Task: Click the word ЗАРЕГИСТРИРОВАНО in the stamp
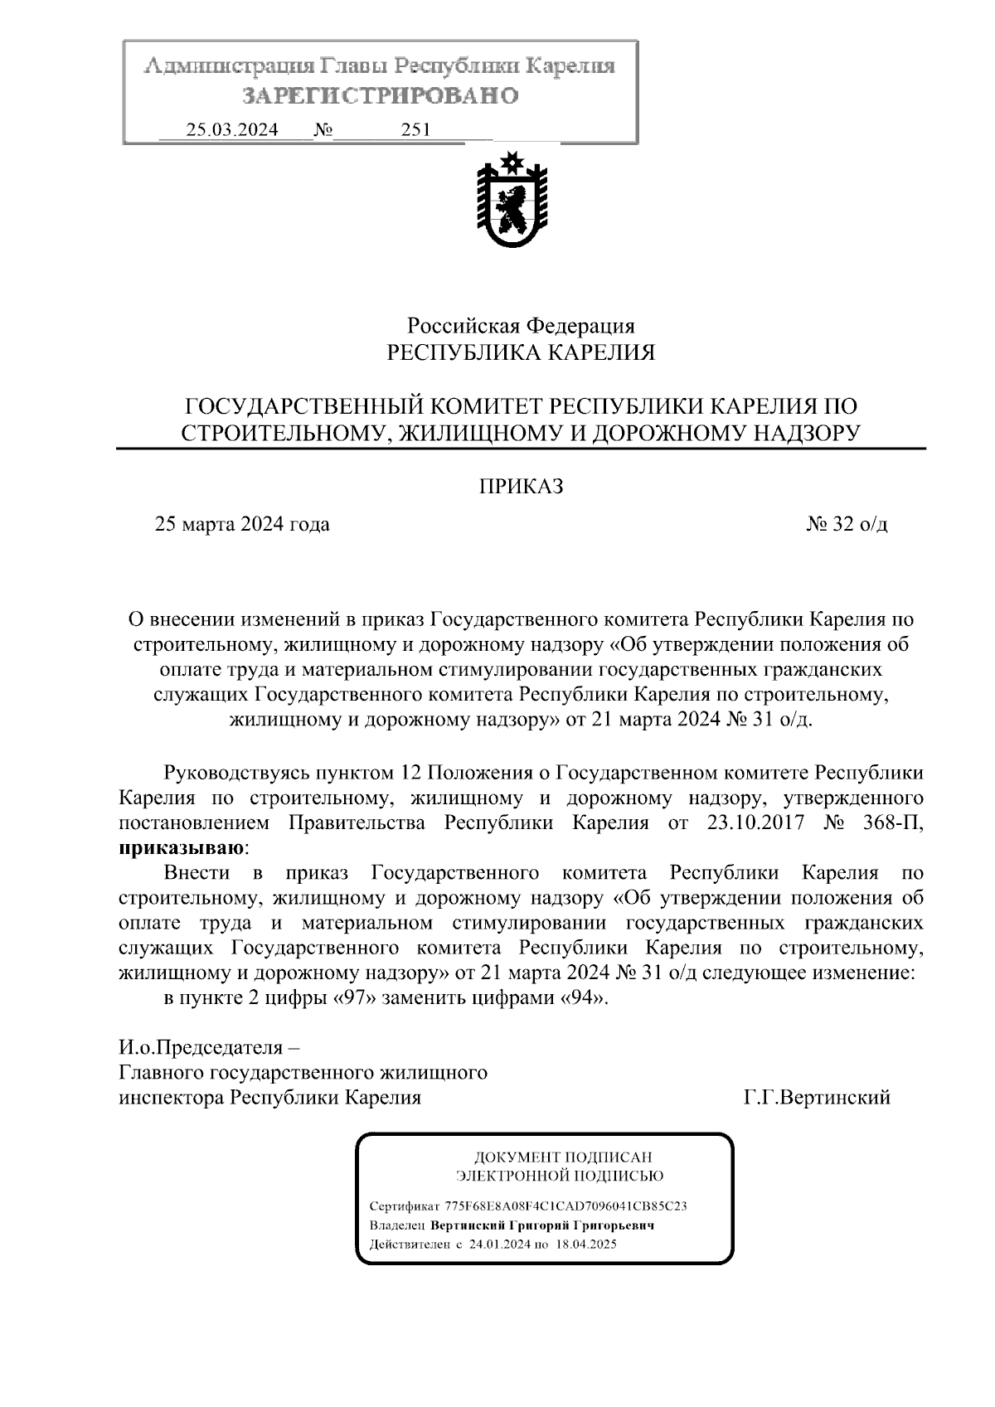(381, 96)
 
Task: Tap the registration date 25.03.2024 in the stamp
(232, 130)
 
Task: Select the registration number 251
(415, 130)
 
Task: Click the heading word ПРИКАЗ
(521, 487)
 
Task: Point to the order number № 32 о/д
(847, 525)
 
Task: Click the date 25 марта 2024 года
(242, 525)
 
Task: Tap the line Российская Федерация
(521, 326)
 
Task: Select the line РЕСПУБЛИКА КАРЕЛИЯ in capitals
(521, 353)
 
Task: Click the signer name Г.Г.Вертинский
(817, 1098)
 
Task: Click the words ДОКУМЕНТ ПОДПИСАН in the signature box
(561, 1157)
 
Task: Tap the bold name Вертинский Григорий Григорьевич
(542, 1225)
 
